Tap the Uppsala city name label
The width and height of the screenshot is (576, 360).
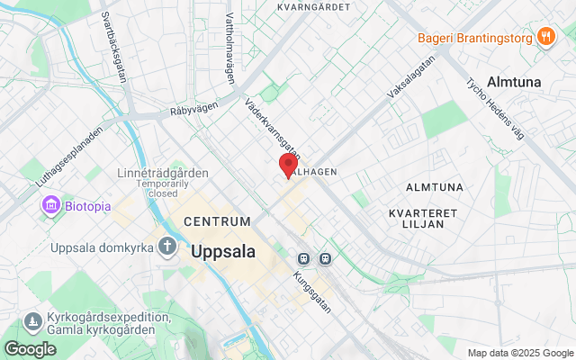pyautogui.click(x=223, y=252)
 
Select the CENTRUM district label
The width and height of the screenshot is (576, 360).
pyautogui.click(x=216, y=220)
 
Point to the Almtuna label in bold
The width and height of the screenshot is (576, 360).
pyautogui.click(x=514, y=81)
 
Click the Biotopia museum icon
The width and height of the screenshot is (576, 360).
pyautogui.click(x=49, y=206)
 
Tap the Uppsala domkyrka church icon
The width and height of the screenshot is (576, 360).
pyautogui.click(x=166, y=246)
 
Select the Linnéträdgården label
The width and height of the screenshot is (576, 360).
pyautogui.click(x=163, y=173)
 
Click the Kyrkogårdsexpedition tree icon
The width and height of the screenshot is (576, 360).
pyautogui.click(x=33, y=321)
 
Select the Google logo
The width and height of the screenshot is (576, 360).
pyautogui.click(x=30, y=348)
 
